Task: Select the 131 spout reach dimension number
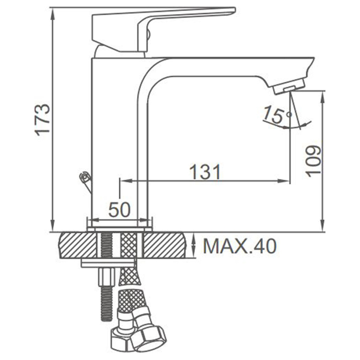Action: click(205, 172)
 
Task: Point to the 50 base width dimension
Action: click(119, 210)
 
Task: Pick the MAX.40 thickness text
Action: click(240, 246)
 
